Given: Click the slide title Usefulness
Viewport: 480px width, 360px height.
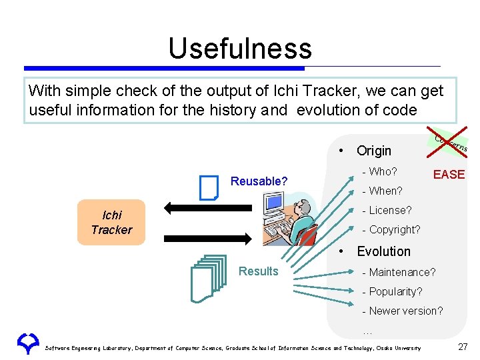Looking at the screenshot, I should point(239,49).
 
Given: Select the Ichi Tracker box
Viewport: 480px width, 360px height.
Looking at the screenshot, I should point(111,223).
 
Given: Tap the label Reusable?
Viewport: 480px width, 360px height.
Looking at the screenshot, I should point(259,181).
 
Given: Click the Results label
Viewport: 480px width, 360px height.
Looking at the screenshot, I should point(258,271).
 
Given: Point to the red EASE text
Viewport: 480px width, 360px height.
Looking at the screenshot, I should point(449,175).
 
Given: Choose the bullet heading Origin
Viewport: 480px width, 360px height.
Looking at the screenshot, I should point(373,151).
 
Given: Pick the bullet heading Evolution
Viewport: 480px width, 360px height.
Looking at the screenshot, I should point(383,251).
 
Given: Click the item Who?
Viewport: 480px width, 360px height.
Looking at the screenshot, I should point(379,172).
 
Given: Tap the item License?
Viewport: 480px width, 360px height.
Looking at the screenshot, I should point(386,211).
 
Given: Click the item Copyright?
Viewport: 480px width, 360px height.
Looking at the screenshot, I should point(391,230).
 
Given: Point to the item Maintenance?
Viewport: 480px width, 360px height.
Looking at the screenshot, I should point(398,273).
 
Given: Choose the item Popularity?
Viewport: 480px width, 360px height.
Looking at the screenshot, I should point(391,292).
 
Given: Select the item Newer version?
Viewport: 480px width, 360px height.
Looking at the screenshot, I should point(402,311).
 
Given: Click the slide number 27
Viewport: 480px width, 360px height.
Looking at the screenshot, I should point(463,347).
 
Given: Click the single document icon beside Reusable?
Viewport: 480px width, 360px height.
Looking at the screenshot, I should point(209,187).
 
